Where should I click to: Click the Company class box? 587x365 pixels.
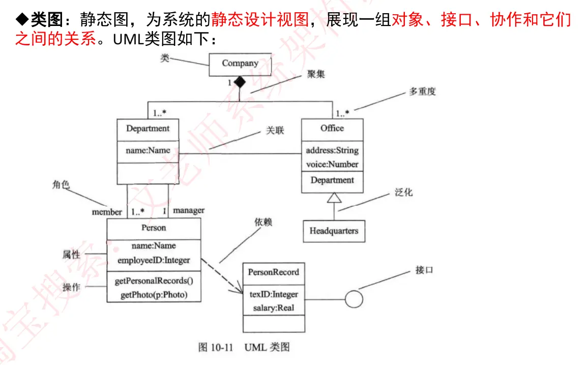pyautogui.click(x=240, y=64)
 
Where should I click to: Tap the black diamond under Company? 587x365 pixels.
pyautogui.click(x=240, y=82)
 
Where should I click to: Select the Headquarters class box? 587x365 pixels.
pyautogui.click(x=334, y=231)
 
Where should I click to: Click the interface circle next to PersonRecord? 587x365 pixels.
pyautogui.click(x=354, y=299)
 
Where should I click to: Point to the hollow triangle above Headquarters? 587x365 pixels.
pyautogui.click(x=334, y=198)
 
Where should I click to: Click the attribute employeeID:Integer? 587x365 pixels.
pyautogui.click(x=154, y=260)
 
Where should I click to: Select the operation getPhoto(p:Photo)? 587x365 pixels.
pyautogui.click(x=154, y=295)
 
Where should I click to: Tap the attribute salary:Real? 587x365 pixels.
pyautogui.click(x=274, y=308)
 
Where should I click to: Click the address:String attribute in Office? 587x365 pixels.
pyautogui.click(x=332, y=151)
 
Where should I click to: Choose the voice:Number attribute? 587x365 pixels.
pyautogui.click(x=332, y=164)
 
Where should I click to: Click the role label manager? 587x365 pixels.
pyautogui.click(x=189, y=210)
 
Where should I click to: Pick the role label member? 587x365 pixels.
pyautogui.click(x=107, y=212)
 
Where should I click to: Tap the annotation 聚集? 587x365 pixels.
pyautogui.click(x=316, y=74)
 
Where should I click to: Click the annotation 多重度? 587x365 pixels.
pyautogui.click(x=422, y=92)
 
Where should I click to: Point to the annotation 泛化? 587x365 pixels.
pyautogui.click(x=403, y=192)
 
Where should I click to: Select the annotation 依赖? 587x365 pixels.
pyautogui.click(x=263, y=222)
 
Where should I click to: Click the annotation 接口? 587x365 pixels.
pyautogui.click(x=424, y=270)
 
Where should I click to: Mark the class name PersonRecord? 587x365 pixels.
pyautogui.click(x=274, y=272)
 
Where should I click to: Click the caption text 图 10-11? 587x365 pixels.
pyautogui.click(x=215, y=348)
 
